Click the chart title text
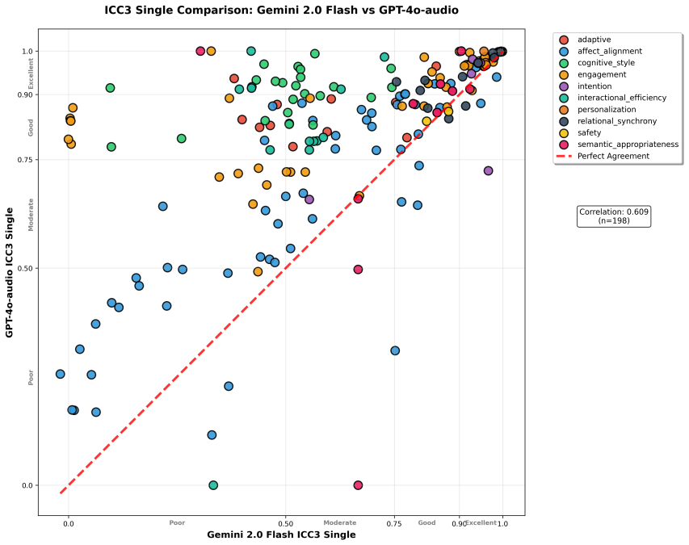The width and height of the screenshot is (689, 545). pos(281,10)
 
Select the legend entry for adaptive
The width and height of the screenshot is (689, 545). pos(584,40)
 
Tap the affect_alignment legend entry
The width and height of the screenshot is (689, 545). pos(600,51)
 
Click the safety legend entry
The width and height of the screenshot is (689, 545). pos(580,132)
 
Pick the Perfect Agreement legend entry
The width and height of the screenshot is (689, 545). pos(603,156)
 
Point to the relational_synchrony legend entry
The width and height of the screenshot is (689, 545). pos(607,121)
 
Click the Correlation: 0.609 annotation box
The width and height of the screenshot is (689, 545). pos(613,216)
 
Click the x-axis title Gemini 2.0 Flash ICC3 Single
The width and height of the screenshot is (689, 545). pos(281,535)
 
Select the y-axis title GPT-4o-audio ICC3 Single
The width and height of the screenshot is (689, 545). pos(9,273)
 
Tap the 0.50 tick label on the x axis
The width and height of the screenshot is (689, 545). pos(286,523)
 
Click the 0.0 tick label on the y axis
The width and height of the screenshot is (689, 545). pos(27,485)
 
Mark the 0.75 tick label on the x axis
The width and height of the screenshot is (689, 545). pos(394,523)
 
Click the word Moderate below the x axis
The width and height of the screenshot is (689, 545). pos(340,522)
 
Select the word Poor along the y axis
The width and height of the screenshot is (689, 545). pos(31,378)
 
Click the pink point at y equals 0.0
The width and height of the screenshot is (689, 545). pos(358,485)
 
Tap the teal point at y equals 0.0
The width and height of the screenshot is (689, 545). pos(213,485)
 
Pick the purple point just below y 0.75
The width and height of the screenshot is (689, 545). pos(488,171)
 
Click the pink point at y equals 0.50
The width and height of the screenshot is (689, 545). pos(358,269)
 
